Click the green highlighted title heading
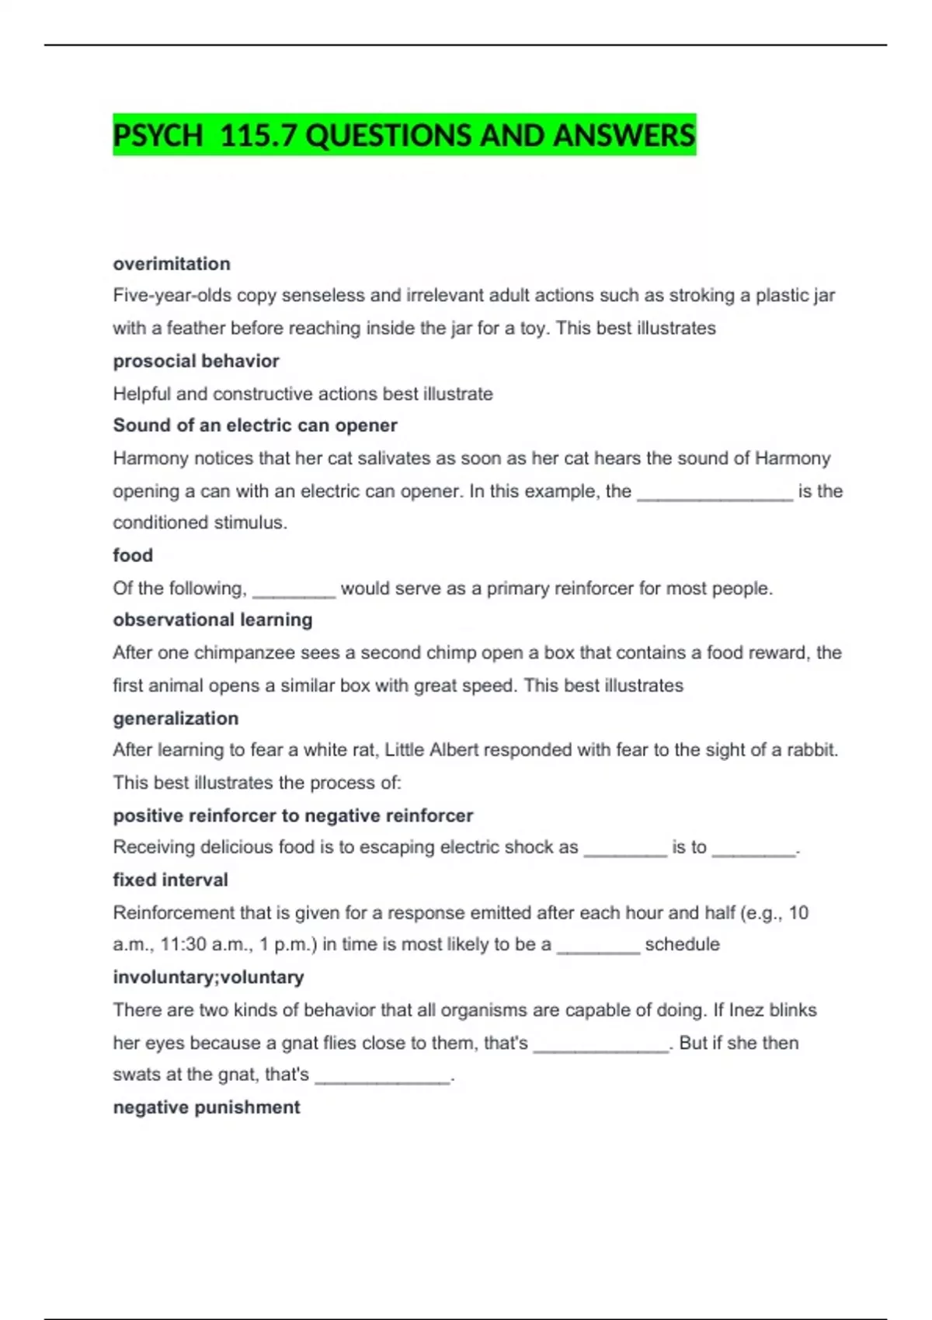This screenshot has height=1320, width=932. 404,135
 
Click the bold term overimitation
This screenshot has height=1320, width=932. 172,264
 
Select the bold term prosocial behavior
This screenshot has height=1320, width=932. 196,361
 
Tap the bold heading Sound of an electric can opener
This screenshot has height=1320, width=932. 255,426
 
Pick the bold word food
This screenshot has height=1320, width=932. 133,555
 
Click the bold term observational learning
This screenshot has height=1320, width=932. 213,620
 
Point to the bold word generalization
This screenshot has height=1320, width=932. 176,718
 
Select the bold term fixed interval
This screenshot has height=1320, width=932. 170,880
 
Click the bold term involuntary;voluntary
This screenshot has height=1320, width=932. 208,977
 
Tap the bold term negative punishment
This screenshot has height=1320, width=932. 206,1107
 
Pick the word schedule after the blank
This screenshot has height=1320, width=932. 682,945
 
